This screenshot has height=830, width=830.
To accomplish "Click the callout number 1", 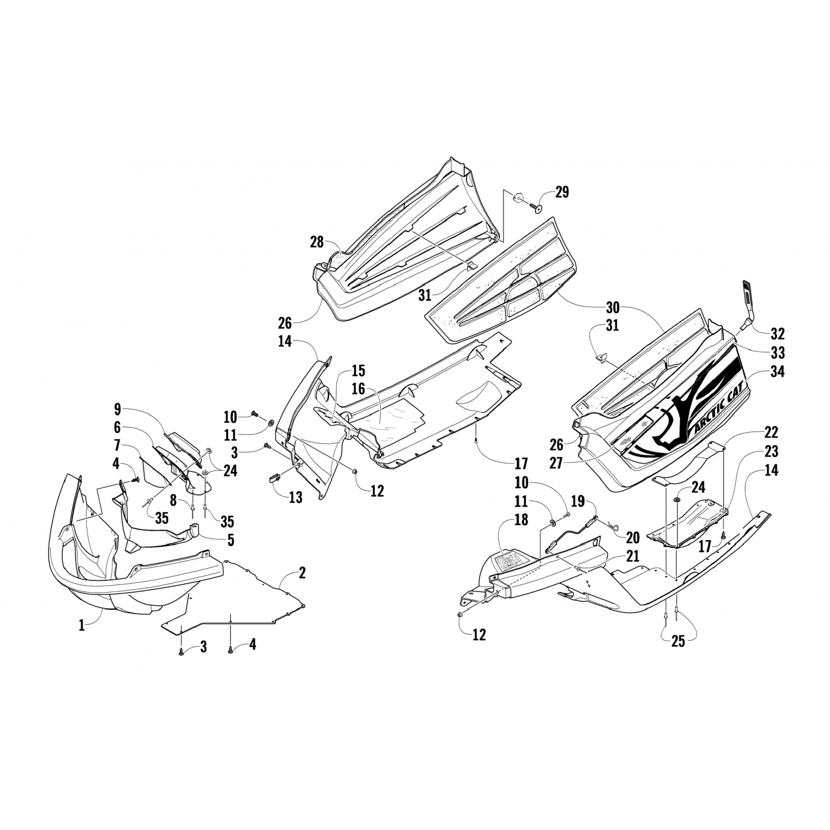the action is coord(82,626).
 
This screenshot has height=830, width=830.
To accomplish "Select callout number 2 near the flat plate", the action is coord(302,573).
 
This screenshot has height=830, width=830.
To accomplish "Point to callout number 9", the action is coord(117,409).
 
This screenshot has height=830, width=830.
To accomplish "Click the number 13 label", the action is coord(295,497).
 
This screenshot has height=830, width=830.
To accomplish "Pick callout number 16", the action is coord(358,389).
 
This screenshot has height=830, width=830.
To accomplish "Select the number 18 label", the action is coord(521,519).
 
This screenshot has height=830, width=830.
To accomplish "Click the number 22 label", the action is coord(771,433).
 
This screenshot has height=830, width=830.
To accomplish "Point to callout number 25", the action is coord(678,641).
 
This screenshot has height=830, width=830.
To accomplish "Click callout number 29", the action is coord(562,192).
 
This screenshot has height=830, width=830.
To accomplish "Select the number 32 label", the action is coord(777,334).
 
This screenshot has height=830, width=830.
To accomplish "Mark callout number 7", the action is coord(117,445).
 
